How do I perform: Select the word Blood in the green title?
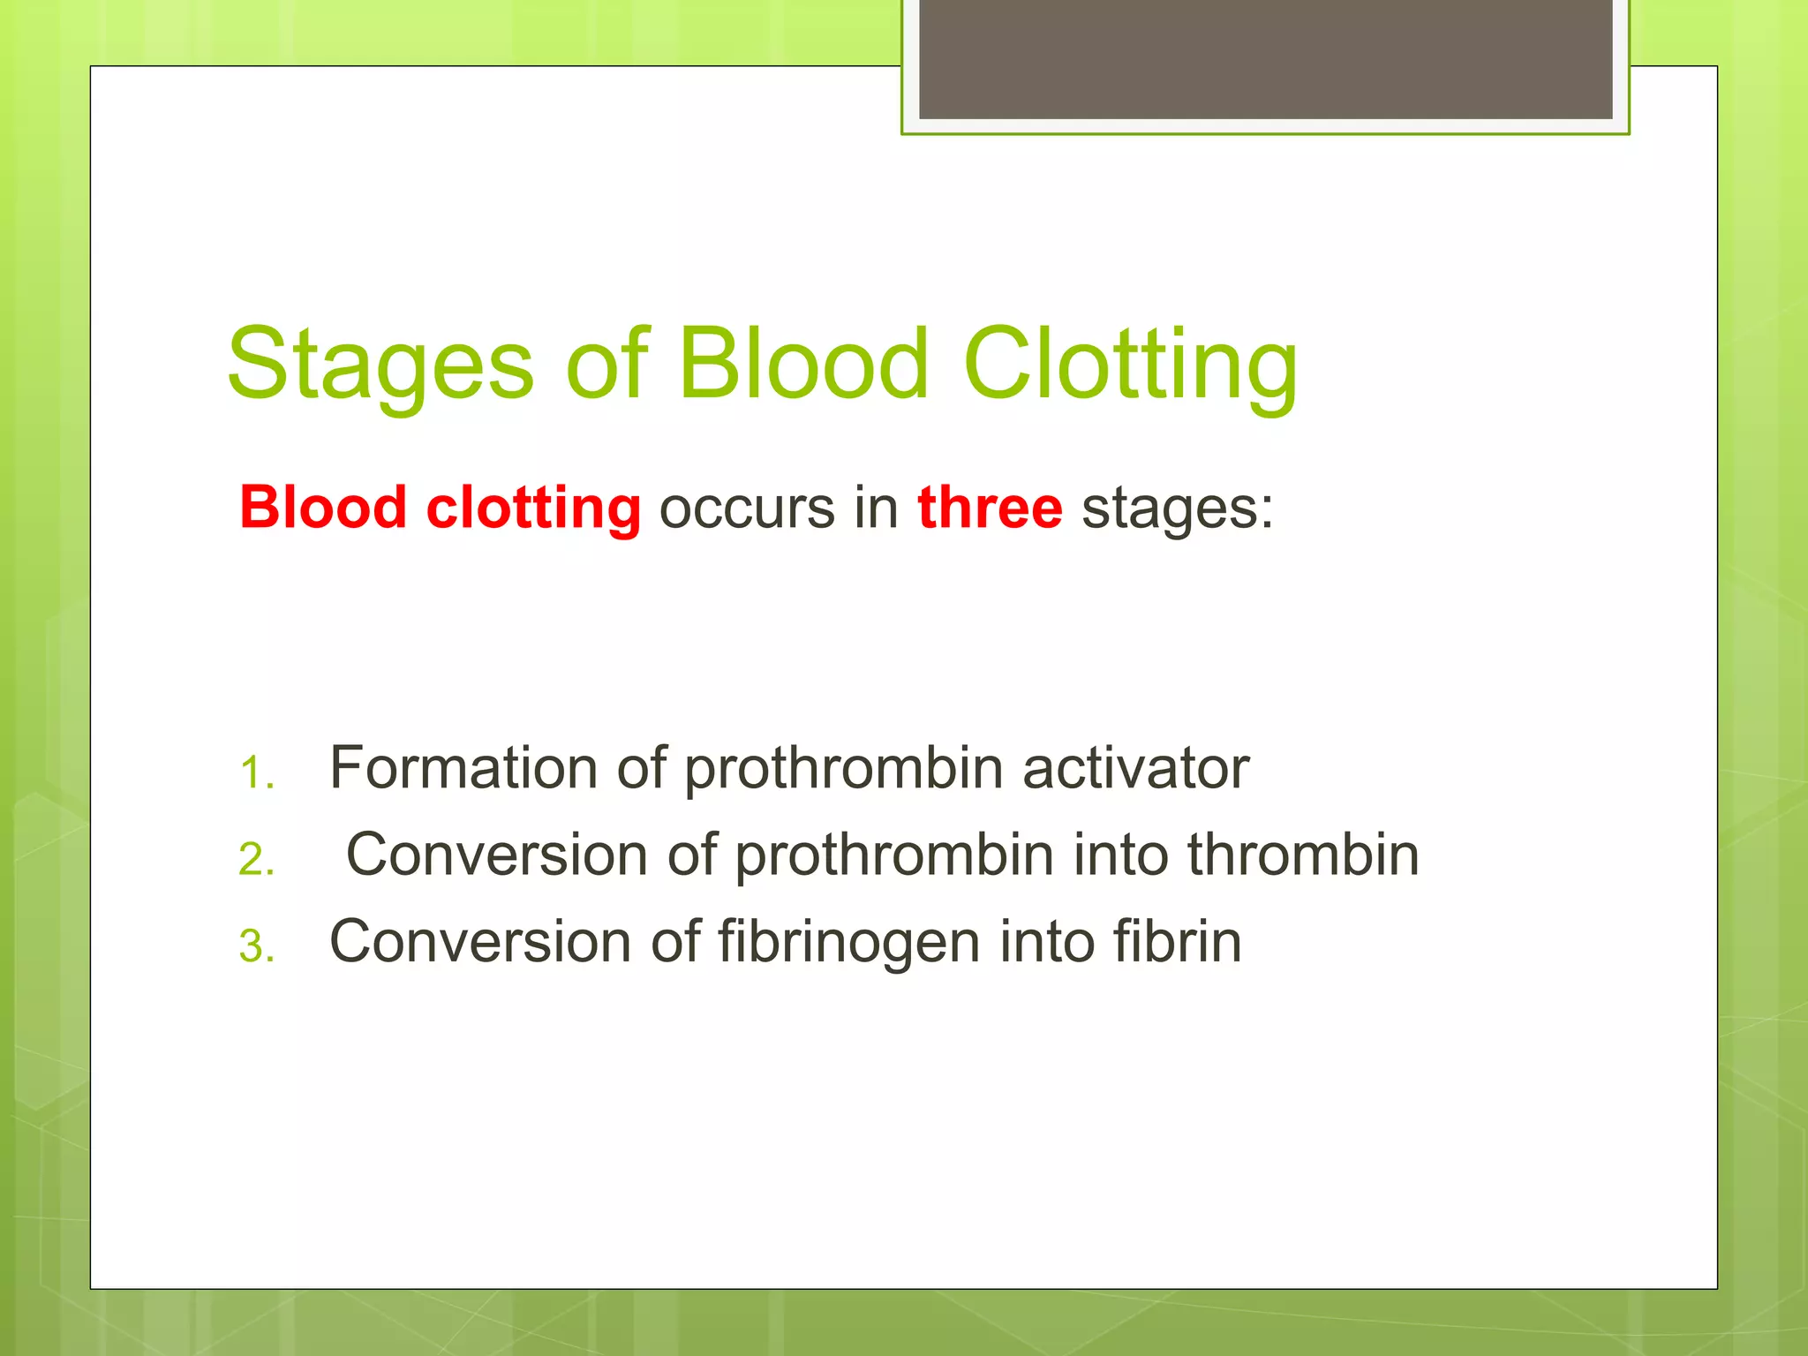tap(803, 363)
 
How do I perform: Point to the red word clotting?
tap(533, 509)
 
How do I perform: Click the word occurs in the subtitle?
tap(747, 509)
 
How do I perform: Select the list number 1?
tap(255, 773)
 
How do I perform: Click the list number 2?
tap(255, 860)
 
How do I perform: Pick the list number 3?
tap(255, 946)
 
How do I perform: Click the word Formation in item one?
tap(463, 767)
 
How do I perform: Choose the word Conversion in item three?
tap(480, 940)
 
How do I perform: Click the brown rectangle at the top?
tap(1265, 58)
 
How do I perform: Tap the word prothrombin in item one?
tap(843, 769)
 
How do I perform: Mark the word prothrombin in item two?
tap(894, 855)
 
